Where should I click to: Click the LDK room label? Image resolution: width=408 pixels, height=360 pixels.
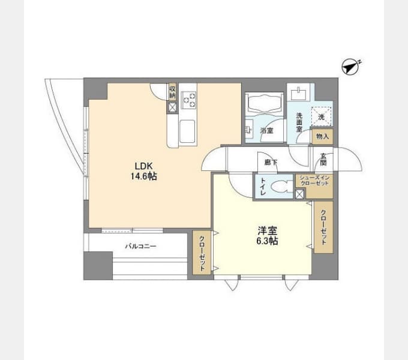coord(143,166)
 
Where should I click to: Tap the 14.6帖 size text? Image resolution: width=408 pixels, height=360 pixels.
coord(143,176)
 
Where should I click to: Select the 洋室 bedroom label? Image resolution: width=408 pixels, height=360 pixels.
coord(267,230)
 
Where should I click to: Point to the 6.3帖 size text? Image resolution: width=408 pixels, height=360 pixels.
coord(267,241)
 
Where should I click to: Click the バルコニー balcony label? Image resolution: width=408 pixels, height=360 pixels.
coord(141,246)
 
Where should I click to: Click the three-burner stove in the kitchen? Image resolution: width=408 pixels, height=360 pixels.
coord(188,100)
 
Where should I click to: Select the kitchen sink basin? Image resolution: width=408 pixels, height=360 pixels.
coord(187,131)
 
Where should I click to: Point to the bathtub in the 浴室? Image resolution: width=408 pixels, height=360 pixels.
coord(264,103)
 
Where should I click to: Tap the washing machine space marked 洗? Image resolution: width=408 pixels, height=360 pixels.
coord(322,117)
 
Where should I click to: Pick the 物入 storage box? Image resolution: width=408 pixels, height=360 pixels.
coord(322,136)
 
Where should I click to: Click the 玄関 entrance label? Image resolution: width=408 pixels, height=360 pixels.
coord(323,159)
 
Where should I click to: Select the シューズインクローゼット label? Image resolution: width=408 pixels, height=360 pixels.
coord(314,181)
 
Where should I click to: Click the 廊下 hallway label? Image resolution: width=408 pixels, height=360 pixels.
coord(271,163)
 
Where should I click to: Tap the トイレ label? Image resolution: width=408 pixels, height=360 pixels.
coord(263,187)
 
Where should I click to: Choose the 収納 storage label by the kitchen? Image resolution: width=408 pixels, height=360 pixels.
coord(173,92)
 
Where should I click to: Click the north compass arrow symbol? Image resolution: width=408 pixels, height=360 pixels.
coord(350,67)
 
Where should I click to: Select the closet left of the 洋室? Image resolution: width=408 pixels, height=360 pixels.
coord(202,253)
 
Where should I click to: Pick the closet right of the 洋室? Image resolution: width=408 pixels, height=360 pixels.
coord(323,227)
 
